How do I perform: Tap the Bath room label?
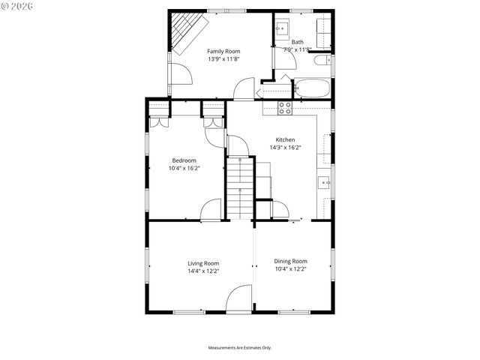tap(298, 42)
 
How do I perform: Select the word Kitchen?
tap(285, 139)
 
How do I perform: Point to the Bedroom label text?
tap(184, 160)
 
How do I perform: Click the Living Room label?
tap(203, 263)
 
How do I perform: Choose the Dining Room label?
tap(290, 261)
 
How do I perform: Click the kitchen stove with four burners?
tap(285, 107)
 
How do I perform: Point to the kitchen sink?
tap(324, 181)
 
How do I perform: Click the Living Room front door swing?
tap(240, 299)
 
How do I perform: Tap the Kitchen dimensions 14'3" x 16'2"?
tap(285, 148)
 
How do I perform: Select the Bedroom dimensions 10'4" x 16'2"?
tap(184, 169)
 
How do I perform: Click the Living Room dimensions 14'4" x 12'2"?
tap(203, 271)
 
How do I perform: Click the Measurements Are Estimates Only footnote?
tap(239, 348)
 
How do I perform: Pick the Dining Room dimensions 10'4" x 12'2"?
tap(290, 268)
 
